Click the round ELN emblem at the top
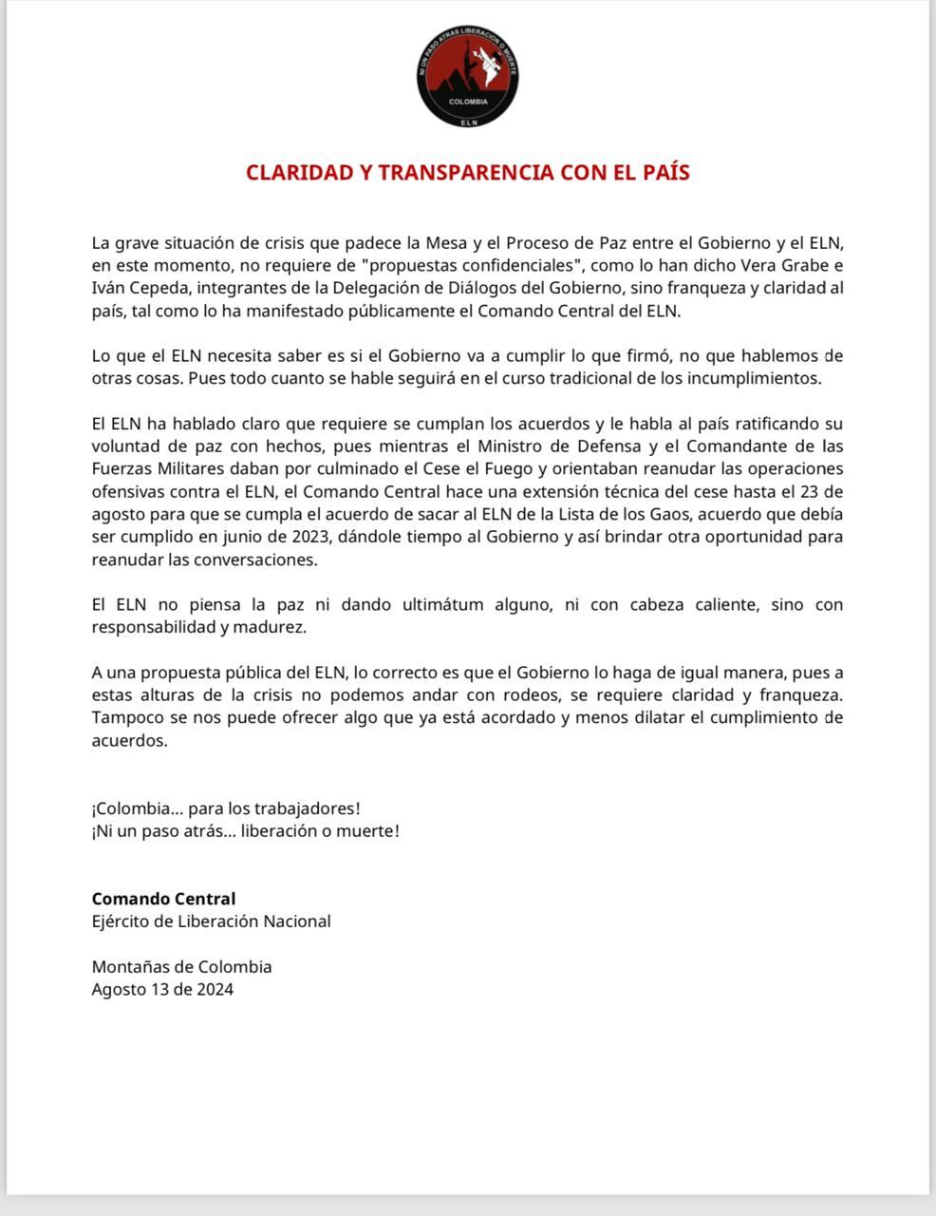[x=468, y=78]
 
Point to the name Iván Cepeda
[x=131, y=288]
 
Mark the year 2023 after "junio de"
[x=298, y=537]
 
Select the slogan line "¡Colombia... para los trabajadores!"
[x=226, y=808]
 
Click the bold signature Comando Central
[x=163, y=899]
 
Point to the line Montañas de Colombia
[x=181, y=967]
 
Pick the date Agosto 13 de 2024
[x=162, y=989]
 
